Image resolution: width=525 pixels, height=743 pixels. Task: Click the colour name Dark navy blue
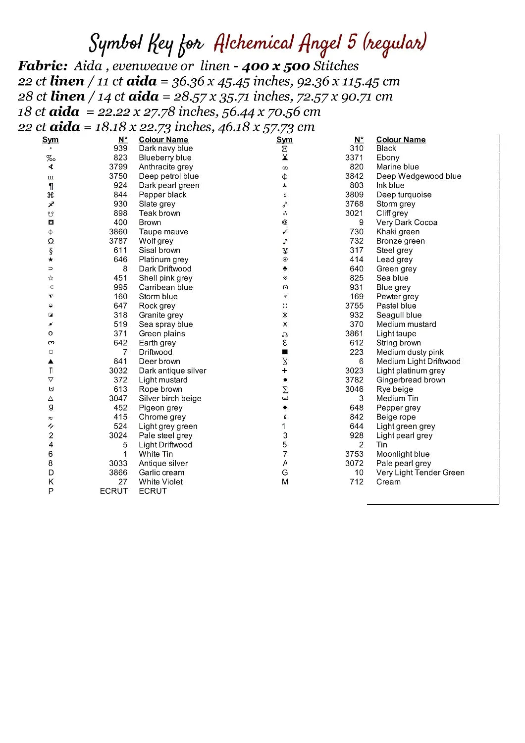coord(165,148)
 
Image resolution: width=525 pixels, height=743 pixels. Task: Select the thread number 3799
coord(118,167)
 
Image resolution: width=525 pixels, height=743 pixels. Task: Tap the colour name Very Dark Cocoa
coord(407,222)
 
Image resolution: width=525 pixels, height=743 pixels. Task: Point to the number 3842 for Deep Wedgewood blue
coord(354,176)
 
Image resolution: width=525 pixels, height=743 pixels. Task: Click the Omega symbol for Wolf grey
coord(51,241)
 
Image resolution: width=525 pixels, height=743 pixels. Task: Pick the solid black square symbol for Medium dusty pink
coord(285,352)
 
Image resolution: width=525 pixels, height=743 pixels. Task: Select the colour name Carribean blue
coord(165,287)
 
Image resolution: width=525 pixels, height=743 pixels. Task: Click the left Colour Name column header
coord(163,140)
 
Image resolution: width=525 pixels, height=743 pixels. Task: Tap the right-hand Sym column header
coord(284,140)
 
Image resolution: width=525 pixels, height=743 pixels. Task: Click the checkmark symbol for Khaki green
coord(285,232)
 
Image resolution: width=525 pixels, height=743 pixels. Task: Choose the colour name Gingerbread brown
coord(411,380)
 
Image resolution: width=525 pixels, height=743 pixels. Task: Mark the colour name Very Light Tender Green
coord(420,473)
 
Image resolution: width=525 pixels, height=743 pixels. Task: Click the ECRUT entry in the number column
coord(113,491)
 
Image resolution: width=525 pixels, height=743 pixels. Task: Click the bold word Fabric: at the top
coord(43,66)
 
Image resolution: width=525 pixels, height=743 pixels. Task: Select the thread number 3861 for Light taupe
coord(354,334)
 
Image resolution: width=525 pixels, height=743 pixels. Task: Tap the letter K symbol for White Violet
coord(51,482)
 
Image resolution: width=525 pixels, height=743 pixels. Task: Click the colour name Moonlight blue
coord(403,454)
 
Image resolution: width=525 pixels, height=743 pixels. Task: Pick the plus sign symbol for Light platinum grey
coord(285,371)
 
